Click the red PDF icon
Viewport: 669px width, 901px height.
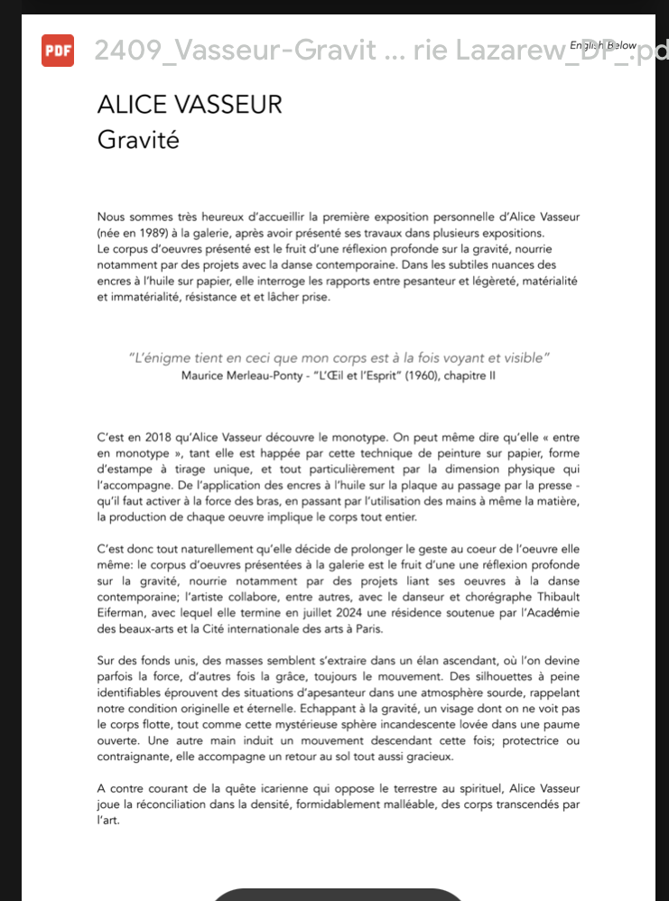pos(58,50)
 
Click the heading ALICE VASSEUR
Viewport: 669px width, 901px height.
pos(190,105)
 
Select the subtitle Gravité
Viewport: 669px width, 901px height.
pos(138,141)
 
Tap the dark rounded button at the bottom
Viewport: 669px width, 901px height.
pos(336,894)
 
